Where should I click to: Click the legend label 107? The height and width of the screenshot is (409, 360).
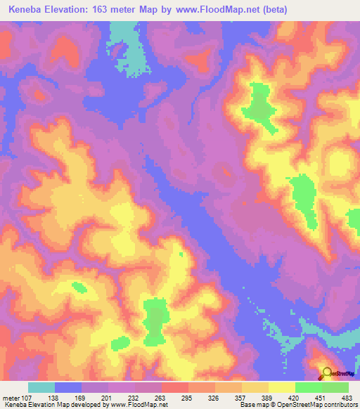(29, 398)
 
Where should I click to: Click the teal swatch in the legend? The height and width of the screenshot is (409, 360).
(41, 387)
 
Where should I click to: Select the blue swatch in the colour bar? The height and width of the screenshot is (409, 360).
(68, 387)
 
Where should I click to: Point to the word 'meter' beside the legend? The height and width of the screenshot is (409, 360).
(11, 398)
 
